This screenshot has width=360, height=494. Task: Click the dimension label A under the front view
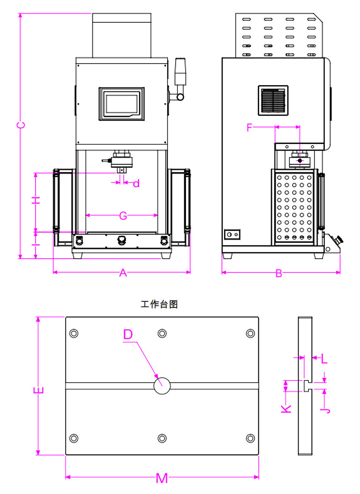[123, 273]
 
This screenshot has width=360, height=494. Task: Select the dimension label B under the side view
[279, 273]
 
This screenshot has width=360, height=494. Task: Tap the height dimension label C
[20, 125]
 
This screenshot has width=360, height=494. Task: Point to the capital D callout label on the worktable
[128, 334]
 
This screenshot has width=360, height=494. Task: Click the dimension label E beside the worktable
[38, 390]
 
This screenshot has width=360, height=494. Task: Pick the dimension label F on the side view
[250, 127]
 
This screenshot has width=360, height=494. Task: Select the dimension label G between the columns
[123, 216]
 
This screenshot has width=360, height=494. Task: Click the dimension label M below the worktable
[162, 478]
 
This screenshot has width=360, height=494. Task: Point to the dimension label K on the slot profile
[286, 408]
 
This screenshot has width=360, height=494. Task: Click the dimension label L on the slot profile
[324, 359]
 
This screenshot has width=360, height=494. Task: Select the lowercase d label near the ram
[136, 184]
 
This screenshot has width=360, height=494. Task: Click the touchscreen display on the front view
[122, 104]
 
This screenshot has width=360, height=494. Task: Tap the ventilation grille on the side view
[273, 100]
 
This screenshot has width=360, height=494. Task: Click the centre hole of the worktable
[162, 386]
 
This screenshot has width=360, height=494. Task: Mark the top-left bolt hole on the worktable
[74, 333]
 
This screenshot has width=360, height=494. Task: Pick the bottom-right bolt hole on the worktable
[250, 438]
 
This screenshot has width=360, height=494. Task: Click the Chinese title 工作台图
[159, 304]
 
